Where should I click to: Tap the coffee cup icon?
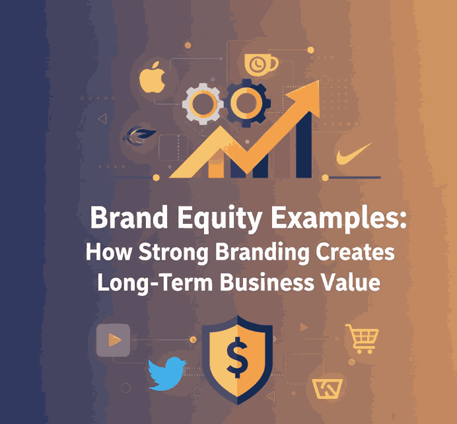tap(260, 64)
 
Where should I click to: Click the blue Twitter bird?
tap(166, 374)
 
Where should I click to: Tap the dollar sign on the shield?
tap(234, 358)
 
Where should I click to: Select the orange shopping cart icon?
tap(361, 338)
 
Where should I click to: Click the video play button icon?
tap(113, 340)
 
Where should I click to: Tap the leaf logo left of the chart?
tap(139, 135)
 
